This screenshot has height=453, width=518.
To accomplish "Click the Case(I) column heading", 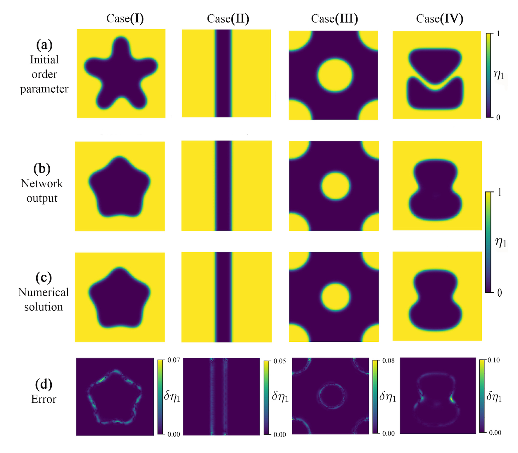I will pos(125,18).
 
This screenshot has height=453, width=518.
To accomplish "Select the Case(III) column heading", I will pos(334,19).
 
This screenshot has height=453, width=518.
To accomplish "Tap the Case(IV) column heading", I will pos(439,19).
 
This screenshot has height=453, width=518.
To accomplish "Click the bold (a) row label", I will pos(44,45).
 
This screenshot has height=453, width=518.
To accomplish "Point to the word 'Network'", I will pos(42,184).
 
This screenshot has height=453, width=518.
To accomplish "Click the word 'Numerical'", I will pos(43,292).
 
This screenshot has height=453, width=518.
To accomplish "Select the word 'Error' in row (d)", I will pos(44,399).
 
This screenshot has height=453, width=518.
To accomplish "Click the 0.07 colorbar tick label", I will pos(174,360).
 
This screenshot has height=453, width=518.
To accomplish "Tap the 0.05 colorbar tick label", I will pos(279,361).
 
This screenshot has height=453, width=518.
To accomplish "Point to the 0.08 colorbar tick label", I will pos(388,361).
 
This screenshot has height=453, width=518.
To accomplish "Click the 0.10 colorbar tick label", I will pos(494,360).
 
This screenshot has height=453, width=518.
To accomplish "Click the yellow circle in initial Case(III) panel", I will pos(335,75).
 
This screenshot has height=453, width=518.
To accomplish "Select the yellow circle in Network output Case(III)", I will pos(336,186).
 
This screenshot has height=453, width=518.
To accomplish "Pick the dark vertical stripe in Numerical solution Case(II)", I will pos(223,297).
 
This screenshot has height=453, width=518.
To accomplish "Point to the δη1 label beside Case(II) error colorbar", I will pos(280,397).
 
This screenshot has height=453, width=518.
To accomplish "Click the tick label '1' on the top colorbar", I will pos(498,34).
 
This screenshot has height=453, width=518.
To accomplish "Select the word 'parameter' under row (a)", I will pos(44,89).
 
